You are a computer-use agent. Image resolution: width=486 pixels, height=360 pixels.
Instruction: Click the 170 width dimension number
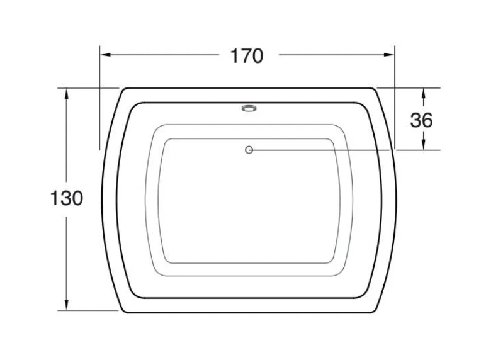pyautogui.click(x=247, y=56)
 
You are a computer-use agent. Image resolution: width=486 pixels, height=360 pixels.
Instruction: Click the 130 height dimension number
pyautogui.click(x=67, y=198)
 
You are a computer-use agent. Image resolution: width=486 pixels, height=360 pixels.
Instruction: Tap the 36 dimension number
pyautogui.click(x=422, y=120)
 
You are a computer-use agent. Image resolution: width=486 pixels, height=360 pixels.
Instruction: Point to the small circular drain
pyautogui.click(x=249, y=150)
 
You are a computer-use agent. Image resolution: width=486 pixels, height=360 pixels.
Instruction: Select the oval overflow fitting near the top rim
pyautogui.click(x=249, y=108)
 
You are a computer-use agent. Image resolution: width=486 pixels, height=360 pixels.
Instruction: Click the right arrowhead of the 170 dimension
pyautogui.click(x=388, y=55)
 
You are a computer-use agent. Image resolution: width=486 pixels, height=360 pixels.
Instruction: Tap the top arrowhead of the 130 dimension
pyautogui.click(x=66, y=94)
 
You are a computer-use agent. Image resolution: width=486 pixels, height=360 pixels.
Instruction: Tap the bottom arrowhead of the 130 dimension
pyautogui.click(x=66, y=304)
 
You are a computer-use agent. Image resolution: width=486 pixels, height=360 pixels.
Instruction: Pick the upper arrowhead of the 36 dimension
pyautogui.click(x=424, y=93)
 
